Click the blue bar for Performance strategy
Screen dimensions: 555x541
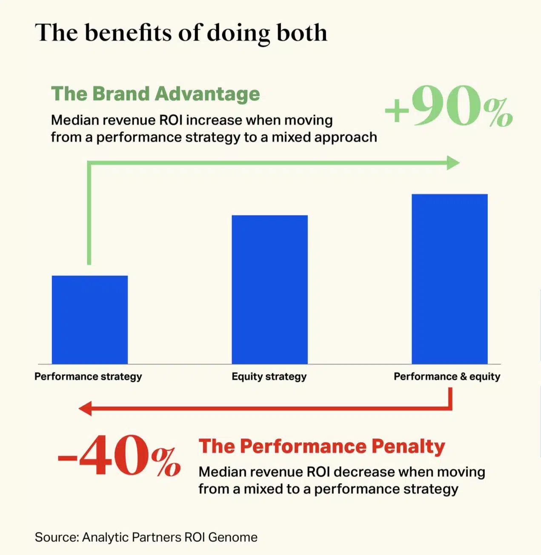click(x=90, y=319)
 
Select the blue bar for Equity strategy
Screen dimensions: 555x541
click(x=269, y=289)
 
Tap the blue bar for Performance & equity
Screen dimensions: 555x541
click(x=449, y=279)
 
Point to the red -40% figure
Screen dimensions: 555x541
click(x=119, y=456)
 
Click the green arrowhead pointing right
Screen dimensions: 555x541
click(x=453, y=163)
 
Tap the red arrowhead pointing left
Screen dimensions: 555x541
click(x=86, y=408)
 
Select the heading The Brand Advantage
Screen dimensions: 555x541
click(x=155, y=94)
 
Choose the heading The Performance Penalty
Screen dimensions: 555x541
click(x=322, y=447)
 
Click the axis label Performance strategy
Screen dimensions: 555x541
click(x=88, y=376)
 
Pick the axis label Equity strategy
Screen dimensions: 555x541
click(x=269, y=376)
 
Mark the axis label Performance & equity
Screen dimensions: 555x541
click(x=447, y=376)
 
